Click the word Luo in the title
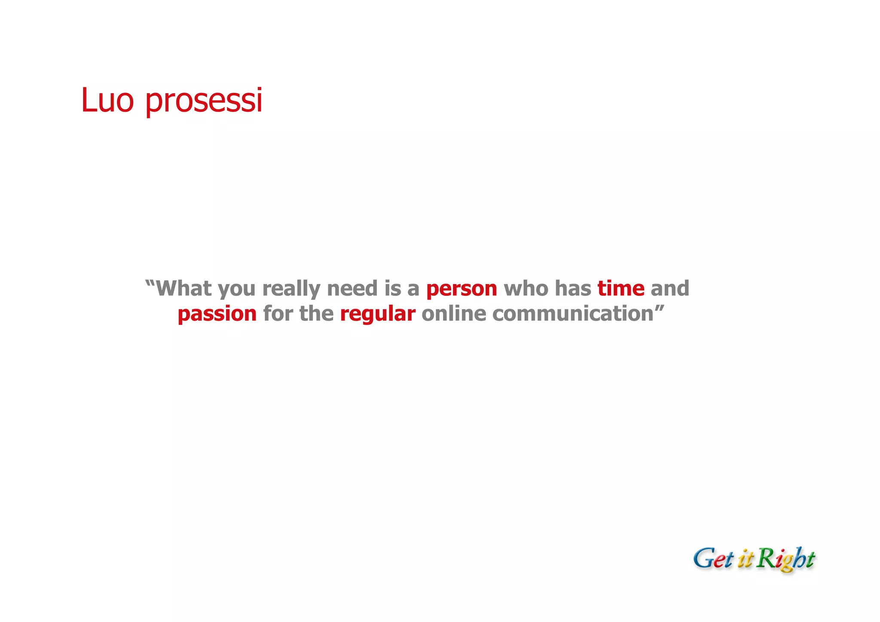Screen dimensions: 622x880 [x=107, y=100]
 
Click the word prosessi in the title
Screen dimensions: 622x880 [x=204, y=101]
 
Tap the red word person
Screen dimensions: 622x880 [x=461, y=288]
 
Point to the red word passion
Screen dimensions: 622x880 [x=217, y=314]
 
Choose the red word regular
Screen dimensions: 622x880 [x=377, y=314]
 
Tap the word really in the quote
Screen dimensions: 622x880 [x=291, y=289]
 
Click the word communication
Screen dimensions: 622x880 [x=573, y=313]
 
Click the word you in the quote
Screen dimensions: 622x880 [x=237, y=289]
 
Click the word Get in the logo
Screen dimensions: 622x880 [x=713, y=559]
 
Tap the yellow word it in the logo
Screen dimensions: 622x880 [x=746, y=560]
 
